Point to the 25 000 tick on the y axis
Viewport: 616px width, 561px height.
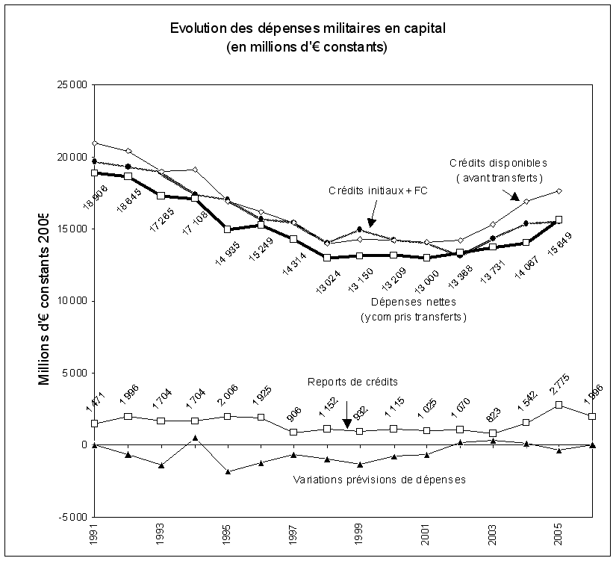pos(72,85)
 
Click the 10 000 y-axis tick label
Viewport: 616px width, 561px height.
pos(72,301)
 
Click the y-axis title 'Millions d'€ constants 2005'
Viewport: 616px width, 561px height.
pos(46,299)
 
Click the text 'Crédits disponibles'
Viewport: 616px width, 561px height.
pos(498,162)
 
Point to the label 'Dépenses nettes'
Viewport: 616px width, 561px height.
pos(412,303)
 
